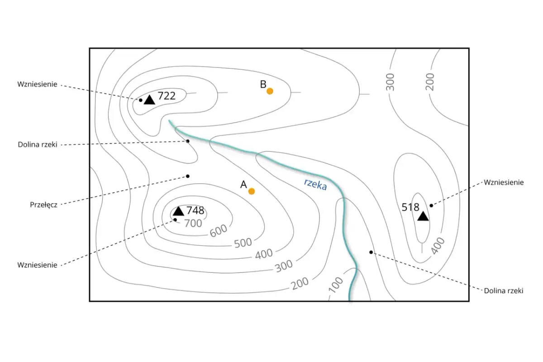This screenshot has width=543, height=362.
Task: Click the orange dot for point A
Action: coord(252,191)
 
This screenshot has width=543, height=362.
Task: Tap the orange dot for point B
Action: coord(270,91)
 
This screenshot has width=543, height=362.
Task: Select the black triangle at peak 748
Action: coord(178,211)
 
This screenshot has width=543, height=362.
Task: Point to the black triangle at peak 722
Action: coord(149,100)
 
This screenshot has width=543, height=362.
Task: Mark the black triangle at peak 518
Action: coord(423,216)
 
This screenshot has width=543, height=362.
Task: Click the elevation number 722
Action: coord(167,96)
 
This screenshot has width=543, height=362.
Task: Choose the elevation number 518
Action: coord(410,207)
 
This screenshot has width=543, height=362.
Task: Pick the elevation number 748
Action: coord(195,210)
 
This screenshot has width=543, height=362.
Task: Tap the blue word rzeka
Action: coord(315,184)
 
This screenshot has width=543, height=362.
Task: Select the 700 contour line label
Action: coord(193,223)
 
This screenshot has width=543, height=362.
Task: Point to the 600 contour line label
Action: coord(219,230)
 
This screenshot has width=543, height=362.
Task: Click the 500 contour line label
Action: coord(243,243)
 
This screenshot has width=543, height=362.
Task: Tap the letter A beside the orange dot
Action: coord(243,185)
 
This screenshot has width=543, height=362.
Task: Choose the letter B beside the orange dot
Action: coord(263,84)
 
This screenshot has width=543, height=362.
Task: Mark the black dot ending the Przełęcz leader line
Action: coord(188,176)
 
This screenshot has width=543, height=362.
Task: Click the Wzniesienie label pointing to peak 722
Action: coord(38,84)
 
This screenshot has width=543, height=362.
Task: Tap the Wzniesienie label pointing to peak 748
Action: coord(38,265)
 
